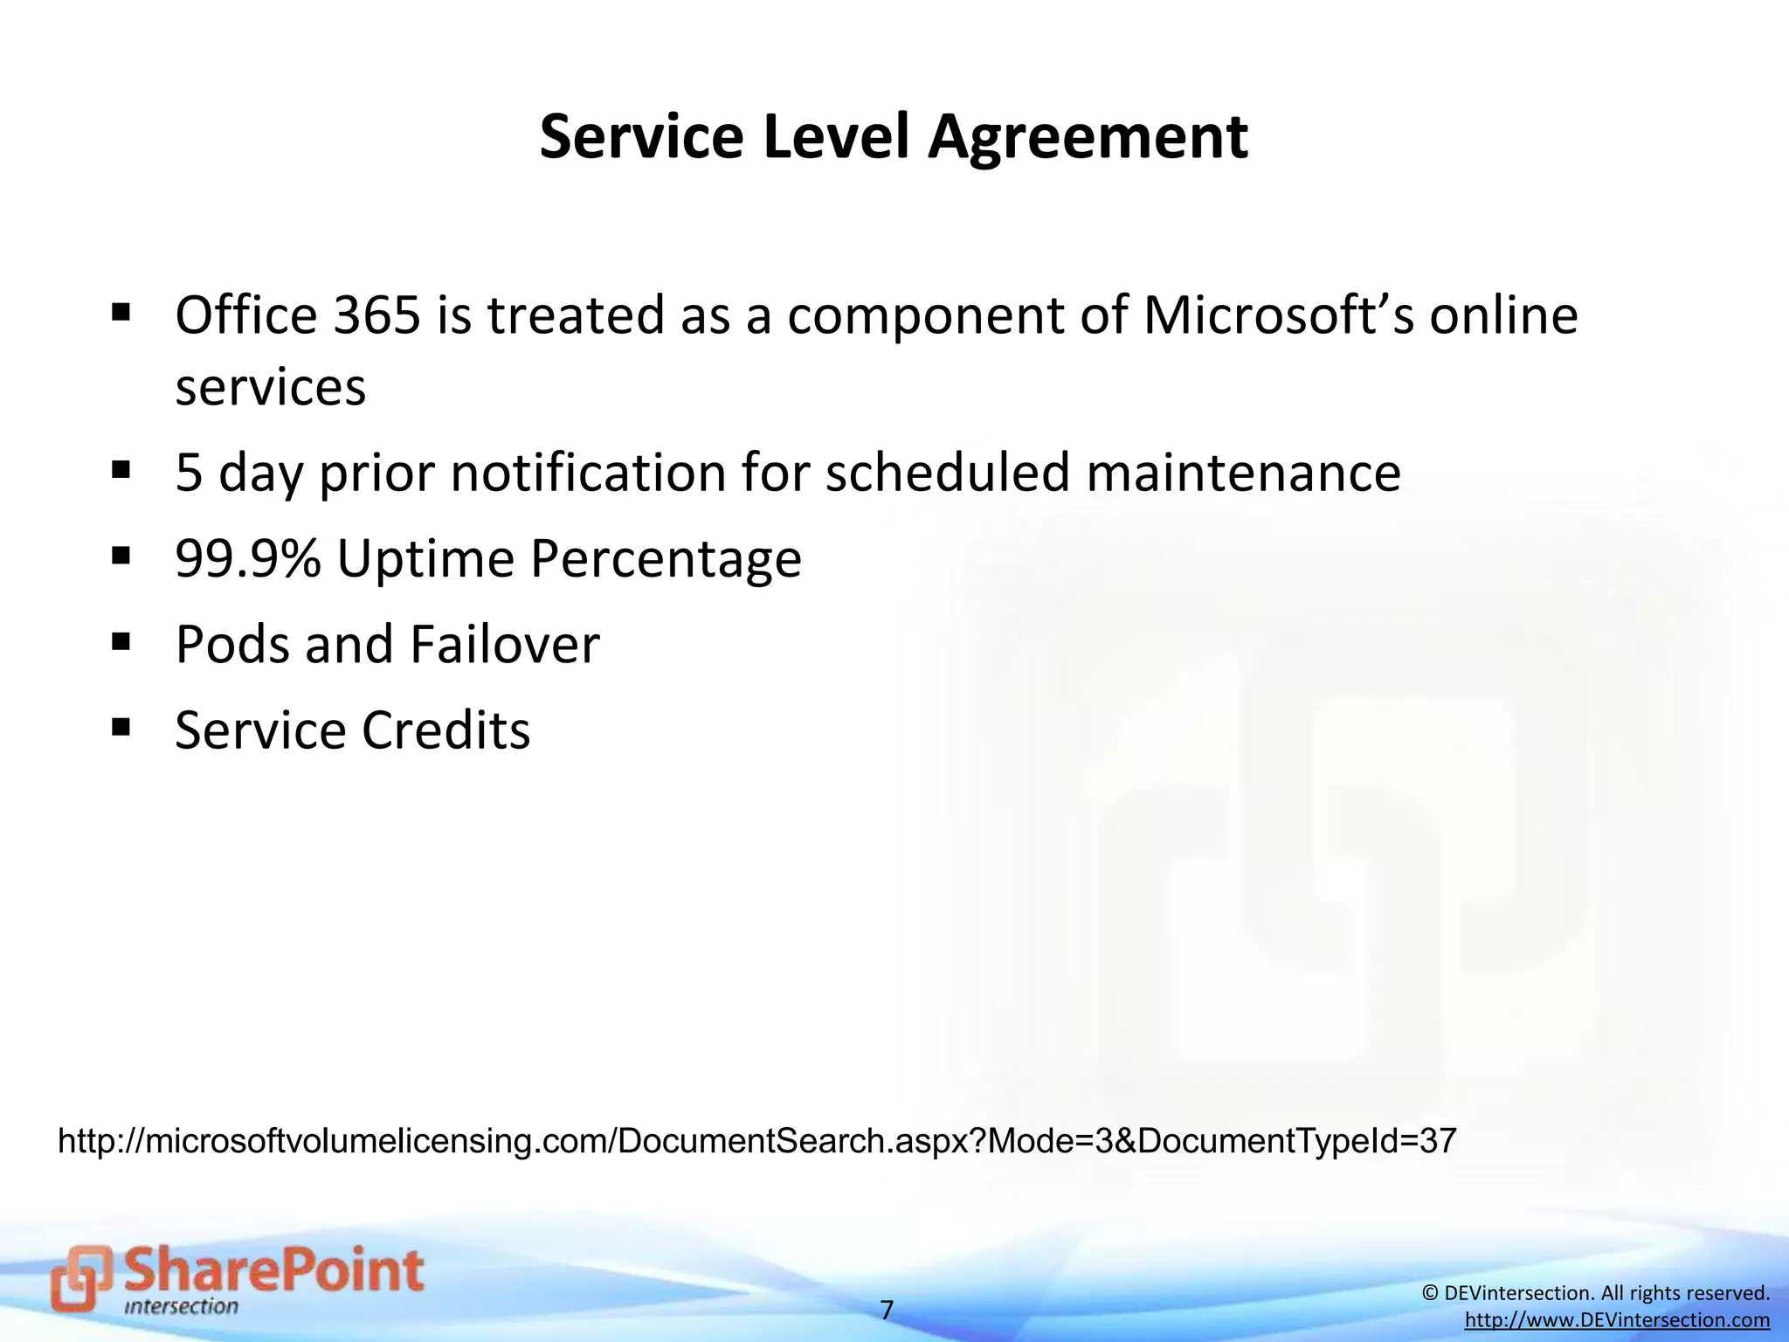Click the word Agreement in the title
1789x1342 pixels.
pos(1088,138)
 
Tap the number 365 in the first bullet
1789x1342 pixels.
pos(376,315)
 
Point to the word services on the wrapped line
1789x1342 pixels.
pos(270,387)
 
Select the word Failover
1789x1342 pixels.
pos(505,644)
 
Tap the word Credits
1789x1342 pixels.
pos(446,730)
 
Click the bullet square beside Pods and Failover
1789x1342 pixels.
pos(121,642)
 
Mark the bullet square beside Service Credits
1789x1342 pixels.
pos(121,727)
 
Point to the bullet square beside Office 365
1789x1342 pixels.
pos(121,312)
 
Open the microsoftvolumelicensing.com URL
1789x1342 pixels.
pos(756,1141)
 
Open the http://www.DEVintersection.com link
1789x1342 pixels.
pos(1617,1320)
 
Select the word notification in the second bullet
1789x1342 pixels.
pos(589,473)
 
